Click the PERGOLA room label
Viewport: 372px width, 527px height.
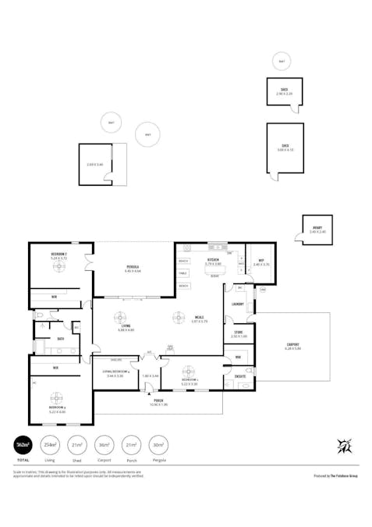(x=133, y=268)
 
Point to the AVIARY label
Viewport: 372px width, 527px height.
(x=317, y=230)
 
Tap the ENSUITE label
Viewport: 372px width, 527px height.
(x=241, y=376)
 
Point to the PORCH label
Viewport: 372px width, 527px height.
(x=158, y=401)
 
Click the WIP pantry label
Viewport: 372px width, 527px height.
(x=261, y=262)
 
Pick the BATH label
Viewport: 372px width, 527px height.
(x=60, y=339)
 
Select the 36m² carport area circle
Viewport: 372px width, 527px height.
(x=105, y=444)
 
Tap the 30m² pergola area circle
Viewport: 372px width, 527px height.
(x=159, y=444)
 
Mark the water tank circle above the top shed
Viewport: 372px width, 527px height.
(x=281, y=61)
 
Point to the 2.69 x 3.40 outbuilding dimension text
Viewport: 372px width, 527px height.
(x=95, y=165)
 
